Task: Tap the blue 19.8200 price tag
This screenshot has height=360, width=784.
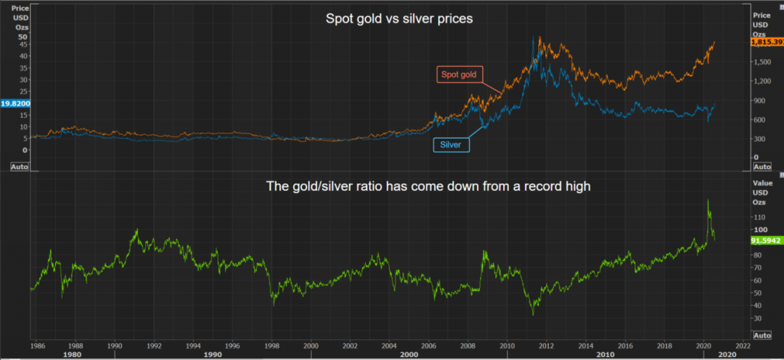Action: [15, 103]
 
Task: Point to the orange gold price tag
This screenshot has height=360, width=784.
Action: [767, 43]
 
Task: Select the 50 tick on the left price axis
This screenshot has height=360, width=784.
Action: [22, 37]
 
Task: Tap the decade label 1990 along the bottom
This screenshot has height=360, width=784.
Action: [212, 355]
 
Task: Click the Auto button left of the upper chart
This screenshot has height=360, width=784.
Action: [21, 165]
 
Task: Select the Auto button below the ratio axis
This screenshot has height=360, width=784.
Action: [763, 335]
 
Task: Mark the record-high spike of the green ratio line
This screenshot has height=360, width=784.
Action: [707, 201]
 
